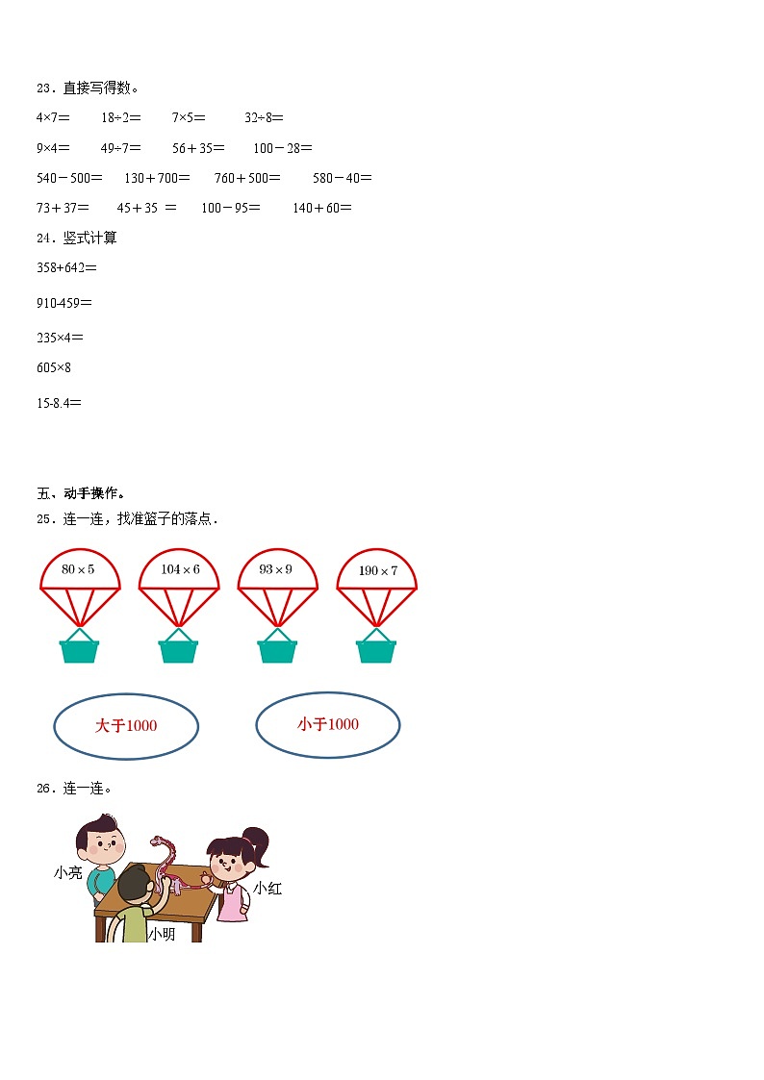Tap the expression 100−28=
(283, 148)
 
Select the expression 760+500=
(247, 178)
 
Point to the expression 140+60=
(322, 208)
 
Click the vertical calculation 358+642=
(66, 267)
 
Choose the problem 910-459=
(64, 303)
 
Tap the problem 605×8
(54, 367)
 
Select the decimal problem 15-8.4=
(59, 403)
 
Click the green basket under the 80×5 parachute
(80, 649)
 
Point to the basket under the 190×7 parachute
(376, 649)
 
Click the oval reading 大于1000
(126, 726)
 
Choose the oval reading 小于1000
(328, 724)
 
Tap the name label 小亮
(68, 873)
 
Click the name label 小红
(267, 889)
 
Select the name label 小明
(162, 934)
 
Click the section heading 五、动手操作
(81, 493)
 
